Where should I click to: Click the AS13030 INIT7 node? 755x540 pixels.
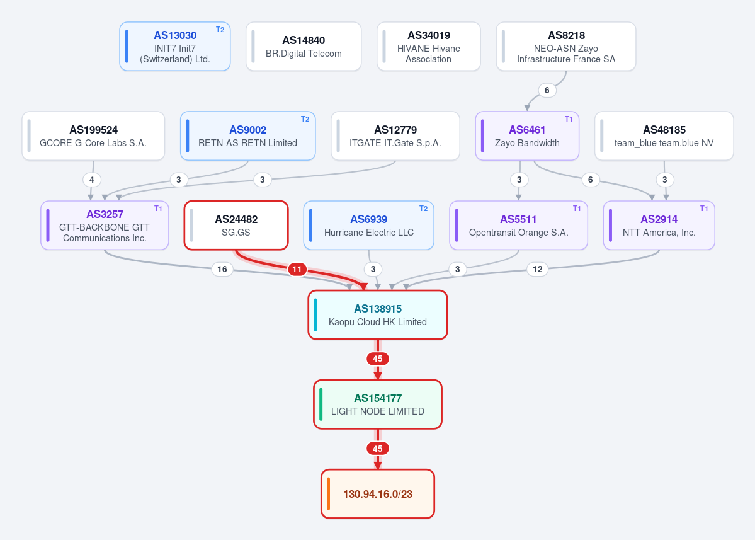tap(175, 46)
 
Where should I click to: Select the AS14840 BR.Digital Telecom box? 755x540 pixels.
tap(304, 46)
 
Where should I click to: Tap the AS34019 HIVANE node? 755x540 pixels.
tap(429, 46)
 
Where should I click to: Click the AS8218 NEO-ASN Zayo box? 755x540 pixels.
tap(565, 46)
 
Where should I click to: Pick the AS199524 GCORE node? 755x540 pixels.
tap(93, 136)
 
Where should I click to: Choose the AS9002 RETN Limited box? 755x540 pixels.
tap(247, 136)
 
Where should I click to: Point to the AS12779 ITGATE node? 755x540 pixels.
tap(395, 136)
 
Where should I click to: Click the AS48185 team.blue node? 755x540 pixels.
tap(664, 136)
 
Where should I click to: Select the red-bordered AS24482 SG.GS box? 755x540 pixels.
tap(236, 226)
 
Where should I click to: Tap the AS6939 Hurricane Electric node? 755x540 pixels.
tap(369, 226)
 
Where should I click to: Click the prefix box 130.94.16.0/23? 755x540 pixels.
tap(378, 494)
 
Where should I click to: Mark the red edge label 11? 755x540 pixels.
tap(297, 269)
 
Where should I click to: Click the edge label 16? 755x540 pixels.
tap(222, 269)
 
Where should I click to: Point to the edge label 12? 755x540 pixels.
tap(537, 269)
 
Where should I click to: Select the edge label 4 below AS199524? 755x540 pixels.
tap(91, 180)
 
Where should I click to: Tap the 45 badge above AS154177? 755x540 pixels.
tap(378, 359)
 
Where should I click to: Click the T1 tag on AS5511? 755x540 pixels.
tap(577, 209)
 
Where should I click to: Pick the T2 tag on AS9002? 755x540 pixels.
tap(305, 119)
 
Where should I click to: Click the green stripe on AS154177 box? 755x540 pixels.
tap(321, 404)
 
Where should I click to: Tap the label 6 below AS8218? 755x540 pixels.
tap(547, 90)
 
